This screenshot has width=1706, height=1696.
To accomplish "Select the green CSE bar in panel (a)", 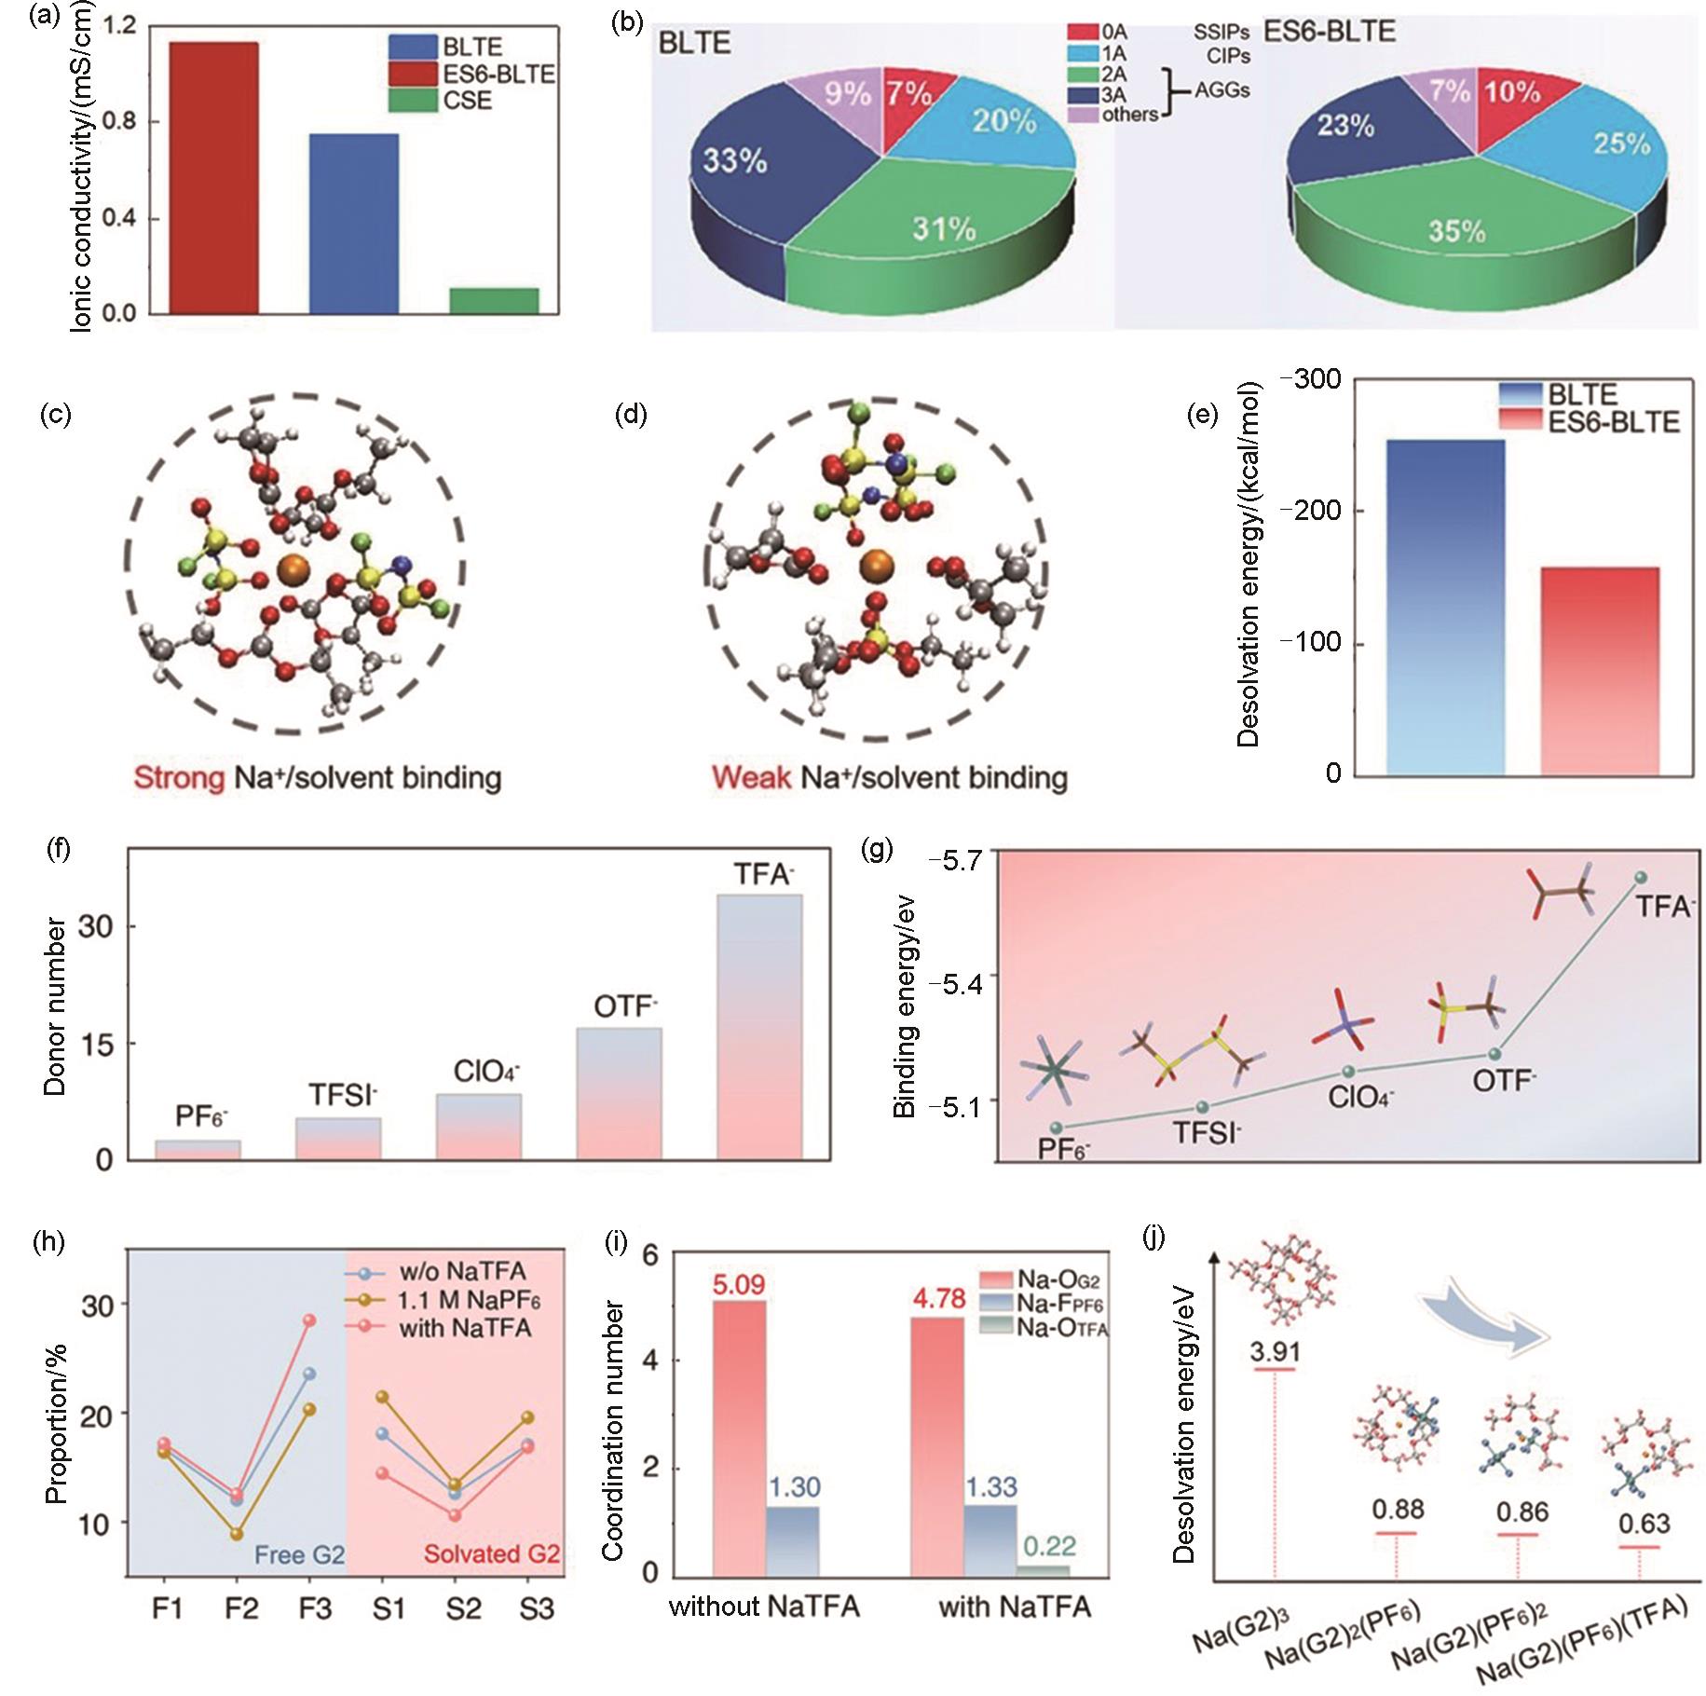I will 494,300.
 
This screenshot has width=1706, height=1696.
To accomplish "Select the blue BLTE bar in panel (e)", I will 1445,606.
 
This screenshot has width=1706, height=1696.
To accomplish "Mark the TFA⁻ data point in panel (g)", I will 1640,877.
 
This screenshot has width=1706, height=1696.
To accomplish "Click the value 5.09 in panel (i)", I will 738,1285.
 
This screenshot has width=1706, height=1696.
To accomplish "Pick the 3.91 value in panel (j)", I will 1275,1352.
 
